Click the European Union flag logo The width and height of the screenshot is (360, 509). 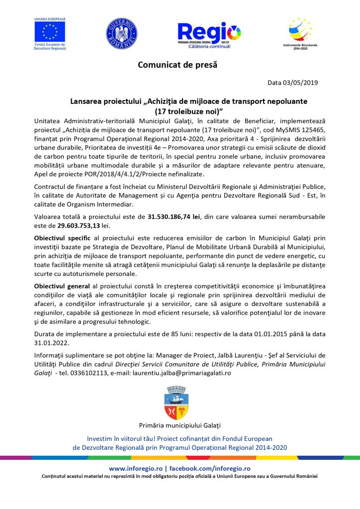click(x=50, y=32)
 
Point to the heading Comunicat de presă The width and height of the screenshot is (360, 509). click(x=178, y=65)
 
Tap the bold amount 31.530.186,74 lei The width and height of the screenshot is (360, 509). click(x=174, y=217)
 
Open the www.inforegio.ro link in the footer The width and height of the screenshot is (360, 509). click(x=136, y=468)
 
